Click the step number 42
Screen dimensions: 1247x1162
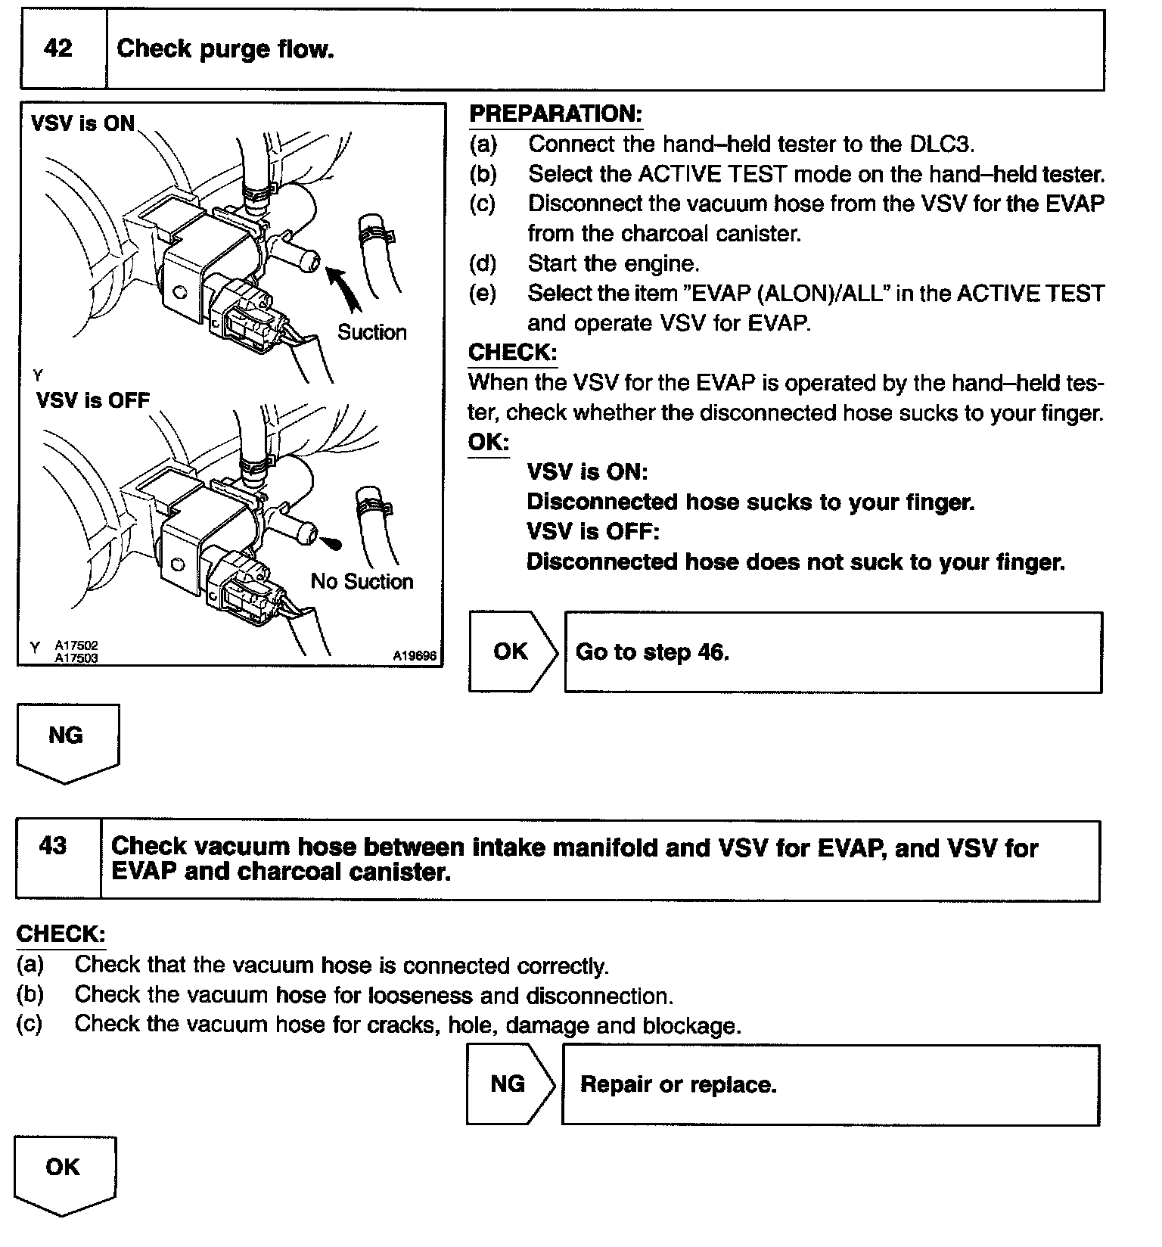58,49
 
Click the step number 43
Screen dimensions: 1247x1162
53,846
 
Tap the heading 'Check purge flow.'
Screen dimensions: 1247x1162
225,50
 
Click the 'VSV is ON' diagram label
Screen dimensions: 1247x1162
82,123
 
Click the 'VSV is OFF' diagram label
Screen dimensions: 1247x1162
93,400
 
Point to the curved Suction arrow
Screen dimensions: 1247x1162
344,288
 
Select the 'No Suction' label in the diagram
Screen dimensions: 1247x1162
362,581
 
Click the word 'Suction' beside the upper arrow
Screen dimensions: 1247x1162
371,332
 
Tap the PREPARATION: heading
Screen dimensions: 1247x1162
555,114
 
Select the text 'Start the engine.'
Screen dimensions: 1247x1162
614,263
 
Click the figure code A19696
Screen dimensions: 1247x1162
415,656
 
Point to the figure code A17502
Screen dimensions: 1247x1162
76,646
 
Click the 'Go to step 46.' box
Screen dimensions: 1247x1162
832,652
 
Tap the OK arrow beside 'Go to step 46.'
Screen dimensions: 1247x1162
512,651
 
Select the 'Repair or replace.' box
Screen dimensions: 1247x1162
830,1085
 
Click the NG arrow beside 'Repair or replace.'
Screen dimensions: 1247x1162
509,1084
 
